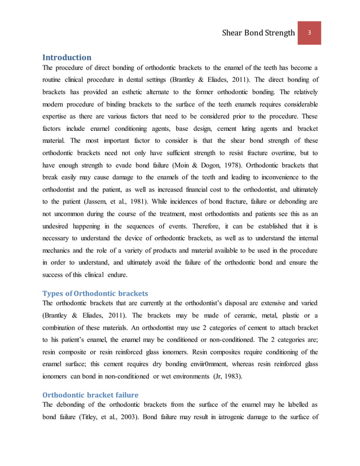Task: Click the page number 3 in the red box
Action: [309, 32]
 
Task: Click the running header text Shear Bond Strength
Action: [259, 33]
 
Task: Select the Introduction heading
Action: [67, 57]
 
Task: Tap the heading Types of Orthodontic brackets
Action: [95, 293]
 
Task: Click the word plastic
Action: [282, 316]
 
